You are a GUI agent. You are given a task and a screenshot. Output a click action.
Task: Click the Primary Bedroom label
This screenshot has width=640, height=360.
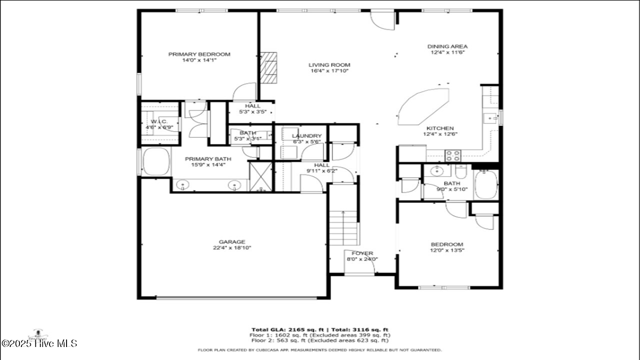[199, 54]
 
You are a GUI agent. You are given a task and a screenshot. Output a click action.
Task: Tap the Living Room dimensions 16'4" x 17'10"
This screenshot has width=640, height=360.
[329, 71]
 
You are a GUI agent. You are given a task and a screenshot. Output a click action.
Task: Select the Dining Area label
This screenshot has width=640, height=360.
[447, 46]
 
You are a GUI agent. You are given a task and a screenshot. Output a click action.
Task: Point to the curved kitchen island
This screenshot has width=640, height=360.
[424, 106]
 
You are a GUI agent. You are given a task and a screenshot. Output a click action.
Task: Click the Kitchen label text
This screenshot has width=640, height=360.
[440, 128]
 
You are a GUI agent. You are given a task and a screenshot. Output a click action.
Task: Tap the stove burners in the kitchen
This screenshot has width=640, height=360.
[453, 155]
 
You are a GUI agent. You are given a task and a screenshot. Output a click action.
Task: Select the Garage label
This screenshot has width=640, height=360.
[231, 242]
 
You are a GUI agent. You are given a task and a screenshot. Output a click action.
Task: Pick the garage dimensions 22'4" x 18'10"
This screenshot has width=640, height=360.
[231, 248]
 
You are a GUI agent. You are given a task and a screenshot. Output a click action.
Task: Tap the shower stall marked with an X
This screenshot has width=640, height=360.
[261, 176]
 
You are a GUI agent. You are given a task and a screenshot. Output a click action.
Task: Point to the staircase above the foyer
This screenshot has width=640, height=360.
[343, 227]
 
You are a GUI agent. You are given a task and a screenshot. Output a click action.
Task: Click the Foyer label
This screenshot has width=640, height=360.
[362, 253]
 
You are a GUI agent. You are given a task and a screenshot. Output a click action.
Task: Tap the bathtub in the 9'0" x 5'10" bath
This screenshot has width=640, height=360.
[485, 185]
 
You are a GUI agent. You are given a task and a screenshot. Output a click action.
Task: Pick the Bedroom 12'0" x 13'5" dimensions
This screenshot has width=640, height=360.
[447, 250]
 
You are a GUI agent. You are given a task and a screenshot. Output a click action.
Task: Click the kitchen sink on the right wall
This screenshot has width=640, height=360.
[491, 118]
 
